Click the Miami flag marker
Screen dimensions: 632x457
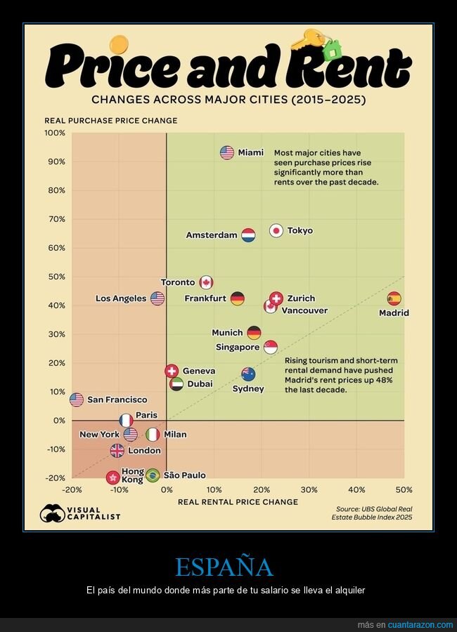(226, 152)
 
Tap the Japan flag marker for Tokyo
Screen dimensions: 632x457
(276, 230)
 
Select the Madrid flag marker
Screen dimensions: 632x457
(394, 299)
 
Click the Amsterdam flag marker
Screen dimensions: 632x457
(248, 235)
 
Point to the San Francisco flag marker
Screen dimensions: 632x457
(77, 400)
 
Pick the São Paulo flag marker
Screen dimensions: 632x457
(153, 475)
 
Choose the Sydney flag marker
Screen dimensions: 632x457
(248, 374)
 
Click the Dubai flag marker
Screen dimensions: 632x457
(176, 384)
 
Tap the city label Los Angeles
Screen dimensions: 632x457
(121, 298)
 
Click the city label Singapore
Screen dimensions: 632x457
(238, 347)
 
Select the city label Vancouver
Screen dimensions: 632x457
(304, 310)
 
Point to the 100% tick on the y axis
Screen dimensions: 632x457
(55, 133)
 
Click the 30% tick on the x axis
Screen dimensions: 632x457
(309, 489)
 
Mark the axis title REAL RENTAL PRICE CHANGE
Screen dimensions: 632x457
(238, 502)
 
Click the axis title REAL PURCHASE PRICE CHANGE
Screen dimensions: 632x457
(111, 121)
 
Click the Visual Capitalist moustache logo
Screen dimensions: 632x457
(53, 513)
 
